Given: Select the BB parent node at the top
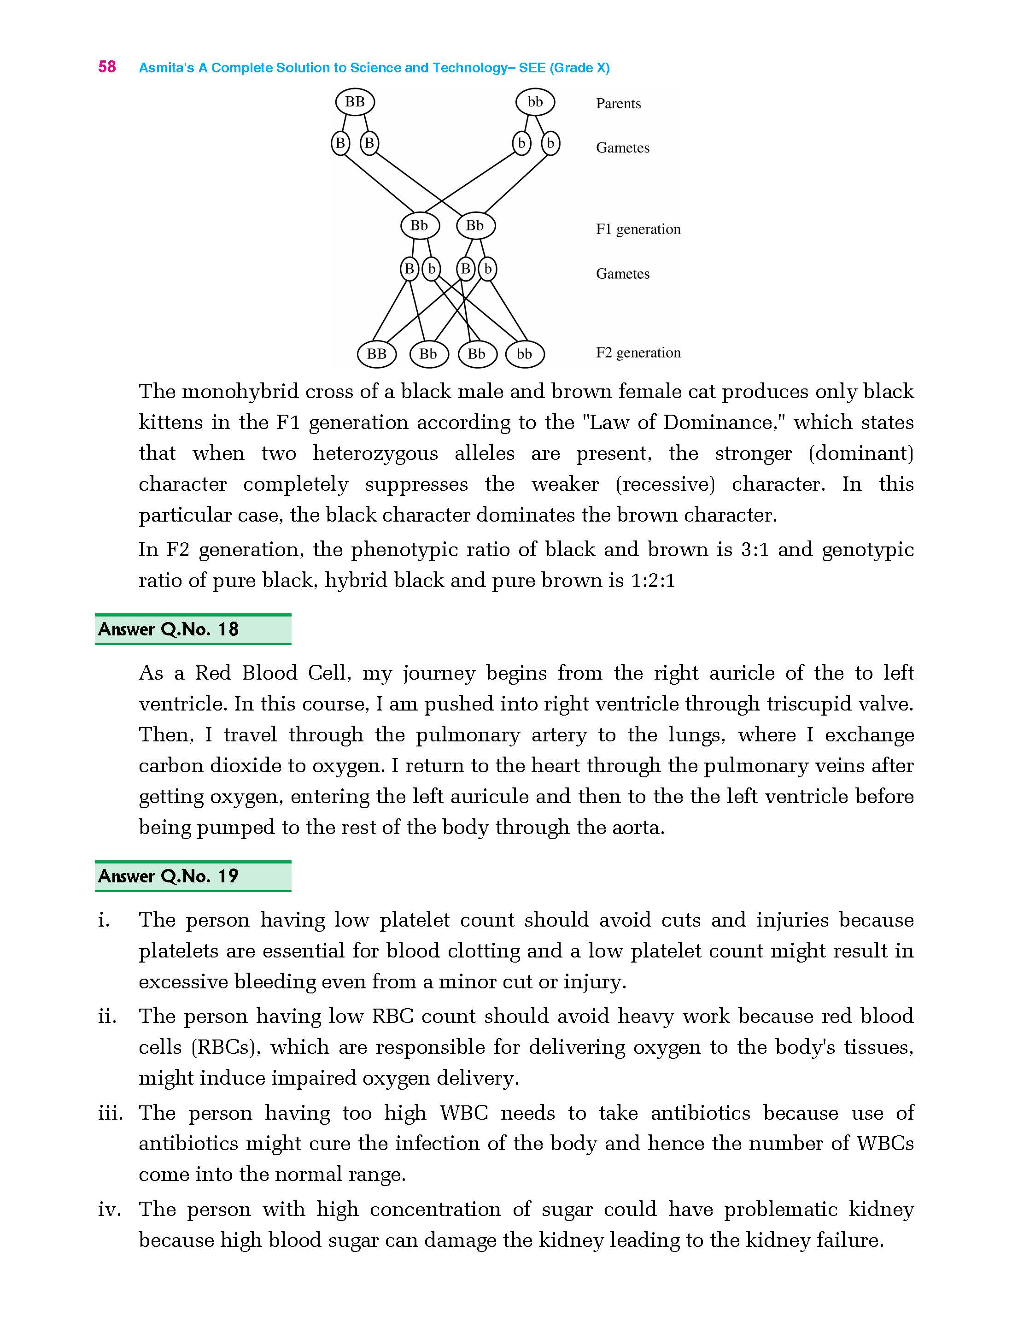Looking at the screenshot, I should [x=355, y=102].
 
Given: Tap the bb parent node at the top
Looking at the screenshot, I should [x=535, y=102].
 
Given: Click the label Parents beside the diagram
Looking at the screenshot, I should [x=618, y=104].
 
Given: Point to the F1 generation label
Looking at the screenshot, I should [x=638, y=229].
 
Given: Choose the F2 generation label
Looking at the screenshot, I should [x=638, y=352].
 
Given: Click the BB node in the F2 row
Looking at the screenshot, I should [x=376, y=354].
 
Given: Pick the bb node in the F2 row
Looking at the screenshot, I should [x=524, y=354].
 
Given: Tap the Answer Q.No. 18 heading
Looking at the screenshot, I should [x=168, y=629].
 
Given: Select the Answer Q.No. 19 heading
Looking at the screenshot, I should [x=168, y=876].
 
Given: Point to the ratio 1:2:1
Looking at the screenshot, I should [x=652, y=581].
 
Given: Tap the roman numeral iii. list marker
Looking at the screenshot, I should [x=110, y=1113].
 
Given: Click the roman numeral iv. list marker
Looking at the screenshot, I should [x=110, y=1210].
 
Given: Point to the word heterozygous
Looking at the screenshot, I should [x=375, y=453].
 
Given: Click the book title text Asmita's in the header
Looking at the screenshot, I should [x=166, y=68].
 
